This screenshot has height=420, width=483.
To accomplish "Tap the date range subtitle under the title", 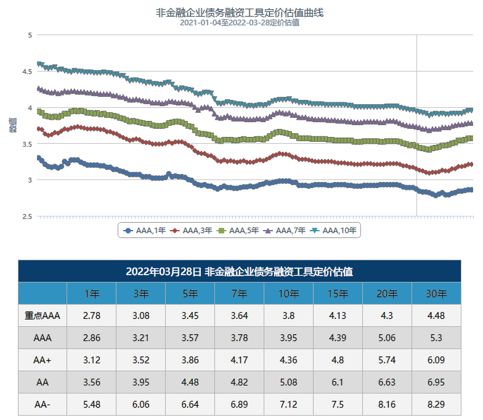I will tap(240, 23).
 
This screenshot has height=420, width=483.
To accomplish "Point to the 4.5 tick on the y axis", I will tap(26, 72).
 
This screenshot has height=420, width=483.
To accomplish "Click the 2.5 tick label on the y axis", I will tap(26, 216).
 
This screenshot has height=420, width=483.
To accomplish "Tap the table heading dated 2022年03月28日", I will tap(239, 271).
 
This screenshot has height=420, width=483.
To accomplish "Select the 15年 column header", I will tap(338, 294).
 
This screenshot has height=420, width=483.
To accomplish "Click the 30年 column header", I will tap(436, 294).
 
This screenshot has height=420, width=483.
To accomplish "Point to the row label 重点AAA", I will tap(43, 316).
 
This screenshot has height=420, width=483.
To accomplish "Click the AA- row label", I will tap(43, 405).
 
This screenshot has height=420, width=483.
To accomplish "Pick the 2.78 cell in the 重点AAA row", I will tap(91, 316).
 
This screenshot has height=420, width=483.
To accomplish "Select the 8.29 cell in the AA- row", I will tap(436, 405).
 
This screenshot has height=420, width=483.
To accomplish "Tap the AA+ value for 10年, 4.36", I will tap(288, 360).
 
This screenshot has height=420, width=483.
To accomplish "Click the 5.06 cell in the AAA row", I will tap(387, 338).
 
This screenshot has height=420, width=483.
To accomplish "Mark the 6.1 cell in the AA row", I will tap(338, 382).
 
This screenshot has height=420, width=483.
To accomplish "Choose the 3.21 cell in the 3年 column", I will tap(140, 338).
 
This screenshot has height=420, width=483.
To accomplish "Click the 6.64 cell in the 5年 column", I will tap(190, 405).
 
